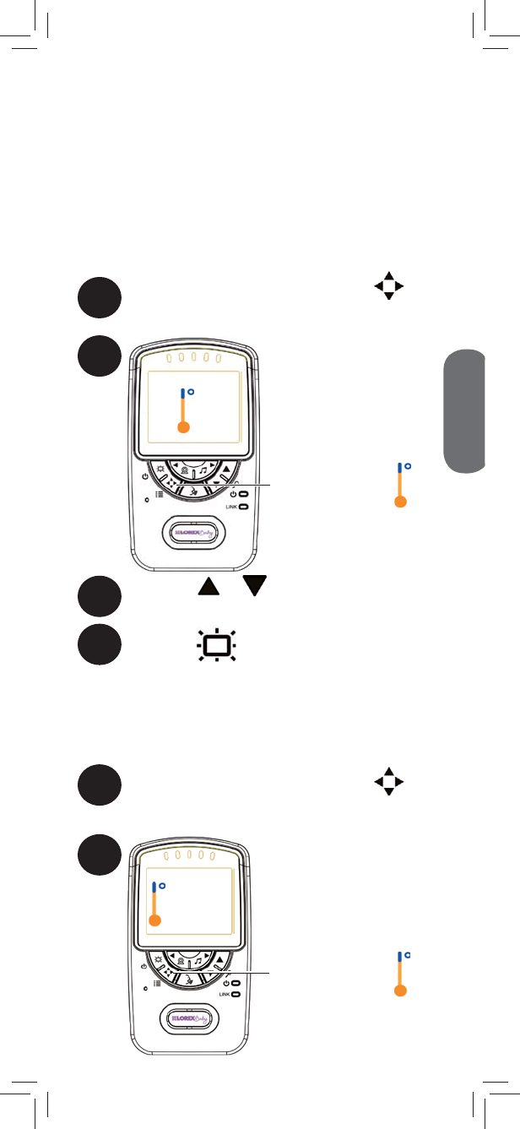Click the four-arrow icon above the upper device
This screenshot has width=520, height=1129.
(389, 286)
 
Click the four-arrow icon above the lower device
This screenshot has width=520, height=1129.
(389, 781)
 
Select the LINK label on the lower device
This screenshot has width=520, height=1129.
(224, 995)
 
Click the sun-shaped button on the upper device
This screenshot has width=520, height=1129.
(159, 470)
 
